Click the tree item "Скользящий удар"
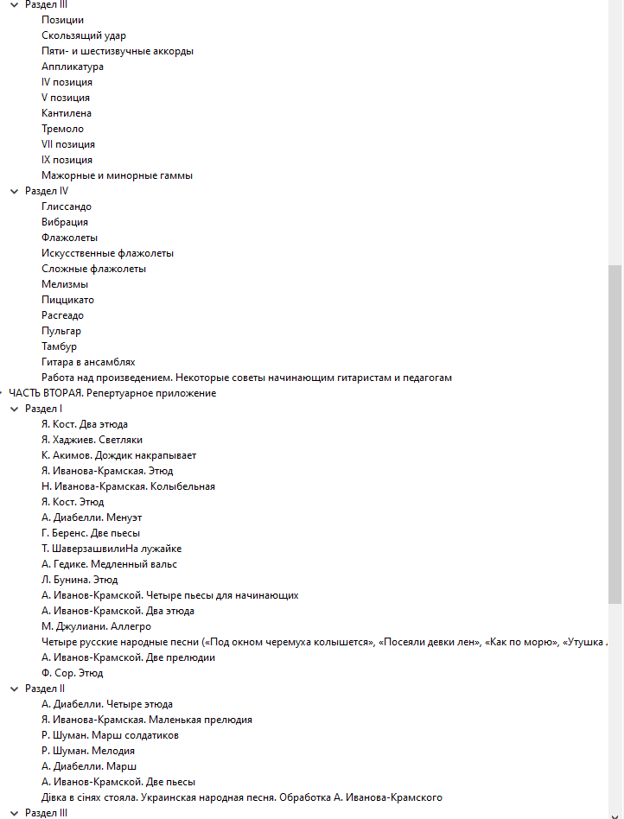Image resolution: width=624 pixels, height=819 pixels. tap(84, 35)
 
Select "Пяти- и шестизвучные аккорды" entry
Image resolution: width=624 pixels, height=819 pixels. tap(118, 51)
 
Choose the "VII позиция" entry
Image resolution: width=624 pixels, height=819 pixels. tap(68, 144)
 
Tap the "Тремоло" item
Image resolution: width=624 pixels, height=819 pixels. tap(63, 129)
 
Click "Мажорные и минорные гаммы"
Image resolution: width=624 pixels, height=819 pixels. tap(117, 175)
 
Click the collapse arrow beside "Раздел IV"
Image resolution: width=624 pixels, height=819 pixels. tap(13, 191)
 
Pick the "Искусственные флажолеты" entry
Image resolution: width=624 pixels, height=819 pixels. tap(107, 253)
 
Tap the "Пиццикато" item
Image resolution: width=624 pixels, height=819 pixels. tap(67, 300)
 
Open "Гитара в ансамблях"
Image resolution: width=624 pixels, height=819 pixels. tap(88, 362)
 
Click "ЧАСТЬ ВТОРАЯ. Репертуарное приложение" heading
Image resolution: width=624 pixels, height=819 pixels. tap(112, 393)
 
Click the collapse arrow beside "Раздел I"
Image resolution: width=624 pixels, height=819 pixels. tap(13, 409)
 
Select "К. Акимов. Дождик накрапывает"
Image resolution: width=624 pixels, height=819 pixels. tap(118, 455)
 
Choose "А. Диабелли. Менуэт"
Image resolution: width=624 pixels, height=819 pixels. tap(92, 517)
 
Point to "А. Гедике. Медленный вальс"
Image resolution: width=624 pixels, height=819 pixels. tap(109, 564)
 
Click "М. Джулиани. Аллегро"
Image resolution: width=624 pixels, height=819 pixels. tap(96, 626)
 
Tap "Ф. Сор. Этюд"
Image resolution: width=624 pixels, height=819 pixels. tap(73, 673)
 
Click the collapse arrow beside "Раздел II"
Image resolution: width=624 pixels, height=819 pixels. tap(13, 689)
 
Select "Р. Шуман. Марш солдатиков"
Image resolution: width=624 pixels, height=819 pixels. tap(110, 735)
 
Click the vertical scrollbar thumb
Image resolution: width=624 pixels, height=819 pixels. tap(614, 432)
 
